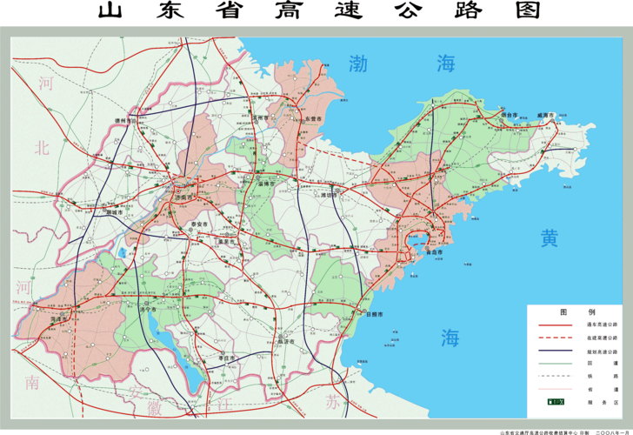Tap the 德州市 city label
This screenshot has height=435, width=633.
pos(128,121)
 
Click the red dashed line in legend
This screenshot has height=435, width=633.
pos(553,337)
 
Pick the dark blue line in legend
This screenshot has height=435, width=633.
pos(553,350)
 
